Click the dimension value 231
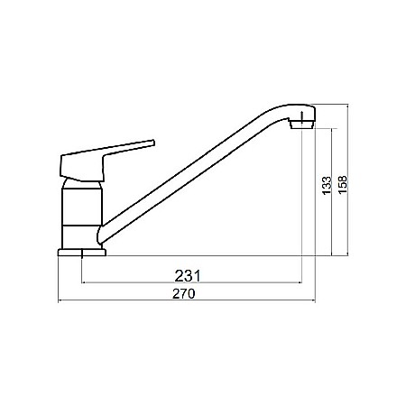coord(186,274)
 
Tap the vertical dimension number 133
coord(325,187)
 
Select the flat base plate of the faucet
coord(81,252)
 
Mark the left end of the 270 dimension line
coord(59,300)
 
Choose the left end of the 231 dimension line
coord(83,282)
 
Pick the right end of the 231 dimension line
coord(300,282)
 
